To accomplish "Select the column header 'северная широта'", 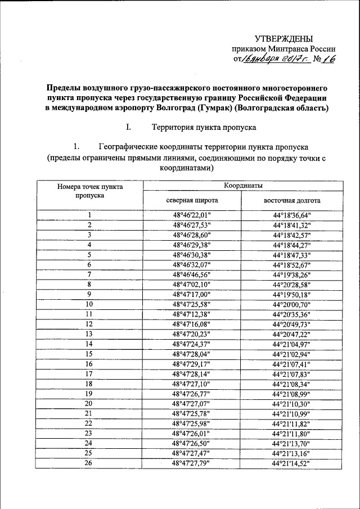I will (x=192, y=200).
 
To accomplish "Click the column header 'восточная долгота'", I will (x=291, y=200).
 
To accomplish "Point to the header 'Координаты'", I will (x=241, y=185).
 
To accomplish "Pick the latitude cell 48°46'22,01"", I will (x=192, y=214).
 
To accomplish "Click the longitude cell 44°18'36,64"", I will (x=291, y=214).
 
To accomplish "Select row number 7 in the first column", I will (x=89, y=274).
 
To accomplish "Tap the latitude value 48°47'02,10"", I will (x=192, y=284).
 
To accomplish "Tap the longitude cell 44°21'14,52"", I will (x=291, y=463).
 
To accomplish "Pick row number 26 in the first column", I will (x=89, y=463).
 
